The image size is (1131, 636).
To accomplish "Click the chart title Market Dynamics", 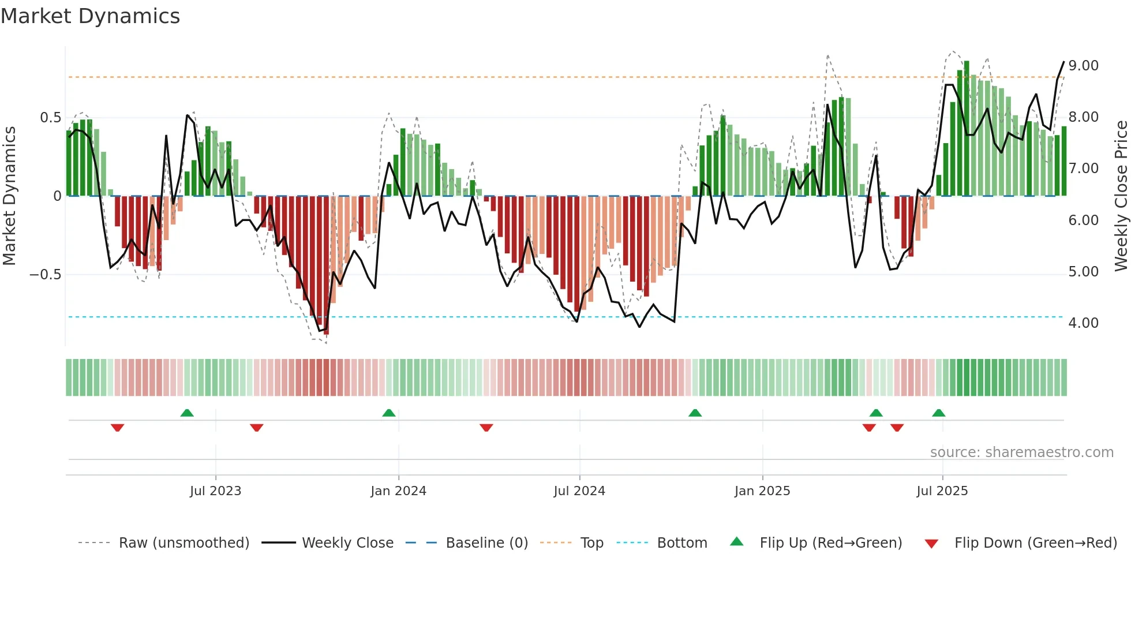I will pyautogui.click(x=90, y=16).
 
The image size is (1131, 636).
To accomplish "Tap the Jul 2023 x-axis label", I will pyautogui.click(x=215, y=491).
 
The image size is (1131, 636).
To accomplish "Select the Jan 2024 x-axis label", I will pyautogui.click(x=398, y=491).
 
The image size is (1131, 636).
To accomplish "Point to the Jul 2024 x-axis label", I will pyautogui.click(x=579, y=491).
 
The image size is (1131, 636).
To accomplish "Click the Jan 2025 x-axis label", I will pyautogui.click(x=762, y=491).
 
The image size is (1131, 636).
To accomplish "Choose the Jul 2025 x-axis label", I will pyautogui.click(x=942, y=491).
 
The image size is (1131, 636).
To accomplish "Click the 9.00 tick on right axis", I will pyautogui.click(x=1083, y=66).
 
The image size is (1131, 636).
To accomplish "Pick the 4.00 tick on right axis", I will pyautogui.click(x=1083, y=323).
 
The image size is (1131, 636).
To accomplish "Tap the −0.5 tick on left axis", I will pyautogui.click(x=45, y=274).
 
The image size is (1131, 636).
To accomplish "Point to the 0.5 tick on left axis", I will pyautogui.click(x=50, y=118).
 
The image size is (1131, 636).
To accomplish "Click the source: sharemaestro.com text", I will pyautogui.click(x=1021, y=452).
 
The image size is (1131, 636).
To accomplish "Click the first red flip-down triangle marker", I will pyautogui.click(x=117, y=428).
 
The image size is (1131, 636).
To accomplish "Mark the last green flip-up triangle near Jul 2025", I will pyautogui.click(x=938, y=413).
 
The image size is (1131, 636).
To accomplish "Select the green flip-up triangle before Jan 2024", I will pyautogui.click(x=389, y=413).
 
